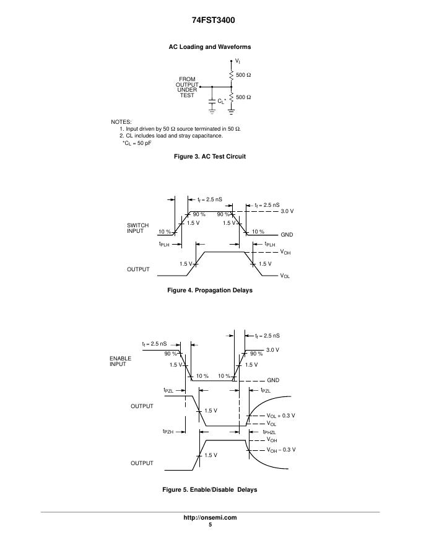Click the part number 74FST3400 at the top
(210, 20)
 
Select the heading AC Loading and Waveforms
(210, 47)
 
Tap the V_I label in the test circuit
(238, 62)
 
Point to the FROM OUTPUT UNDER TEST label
(187, 87)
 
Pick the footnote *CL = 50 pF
(137, 143)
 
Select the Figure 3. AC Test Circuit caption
(210, 157)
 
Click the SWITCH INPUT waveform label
(137, 228)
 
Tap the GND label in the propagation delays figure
(287, 235)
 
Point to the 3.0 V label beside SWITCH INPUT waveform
(287, 211)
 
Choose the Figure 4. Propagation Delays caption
(210, 290)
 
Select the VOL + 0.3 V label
(280, 416)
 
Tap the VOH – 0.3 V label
(281, 450)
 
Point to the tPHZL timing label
(269, 432)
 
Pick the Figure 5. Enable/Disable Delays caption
(210, 490)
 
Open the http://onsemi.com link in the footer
(210, 518)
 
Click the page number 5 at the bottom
(210, 525)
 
